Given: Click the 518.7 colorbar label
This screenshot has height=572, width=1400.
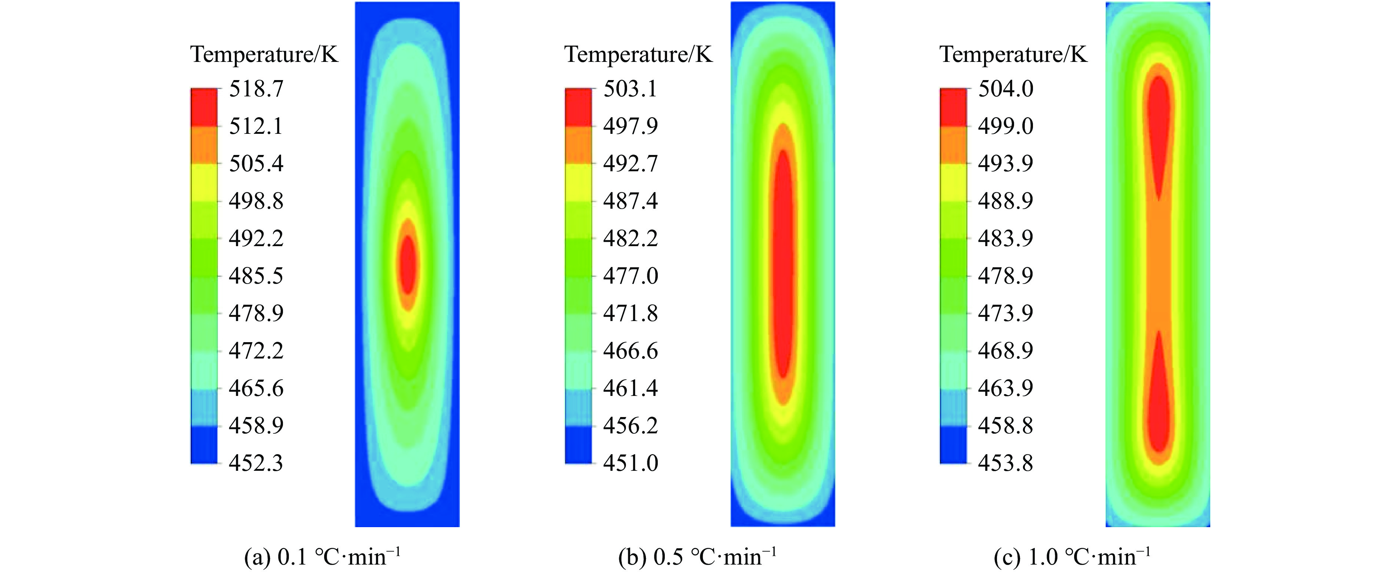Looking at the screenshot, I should click(256, 89).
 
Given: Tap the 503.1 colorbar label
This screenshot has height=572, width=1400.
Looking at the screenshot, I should click(630, 89).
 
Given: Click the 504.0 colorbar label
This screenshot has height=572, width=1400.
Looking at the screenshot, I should click(1006, 89).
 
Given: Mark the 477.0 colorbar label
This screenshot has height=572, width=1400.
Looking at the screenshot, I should click(630, 276).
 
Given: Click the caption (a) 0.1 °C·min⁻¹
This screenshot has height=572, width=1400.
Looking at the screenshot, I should click(322, 557).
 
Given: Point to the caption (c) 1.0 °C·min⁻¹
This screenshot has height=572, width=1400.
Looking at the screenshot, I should click(1072, 557).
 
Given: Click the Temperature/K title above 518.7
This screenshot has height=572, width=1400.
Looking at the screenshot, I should click(264, 54).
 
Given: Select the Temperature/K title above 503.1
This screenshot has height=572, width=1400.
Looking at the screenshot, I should click(639, 54).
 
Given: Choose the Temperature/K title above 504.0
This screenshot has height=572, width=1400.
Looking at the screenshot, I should click(1014, 54).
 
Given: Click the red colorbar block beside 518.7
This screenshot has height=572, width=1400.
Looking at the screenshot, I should click(204, 107).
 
